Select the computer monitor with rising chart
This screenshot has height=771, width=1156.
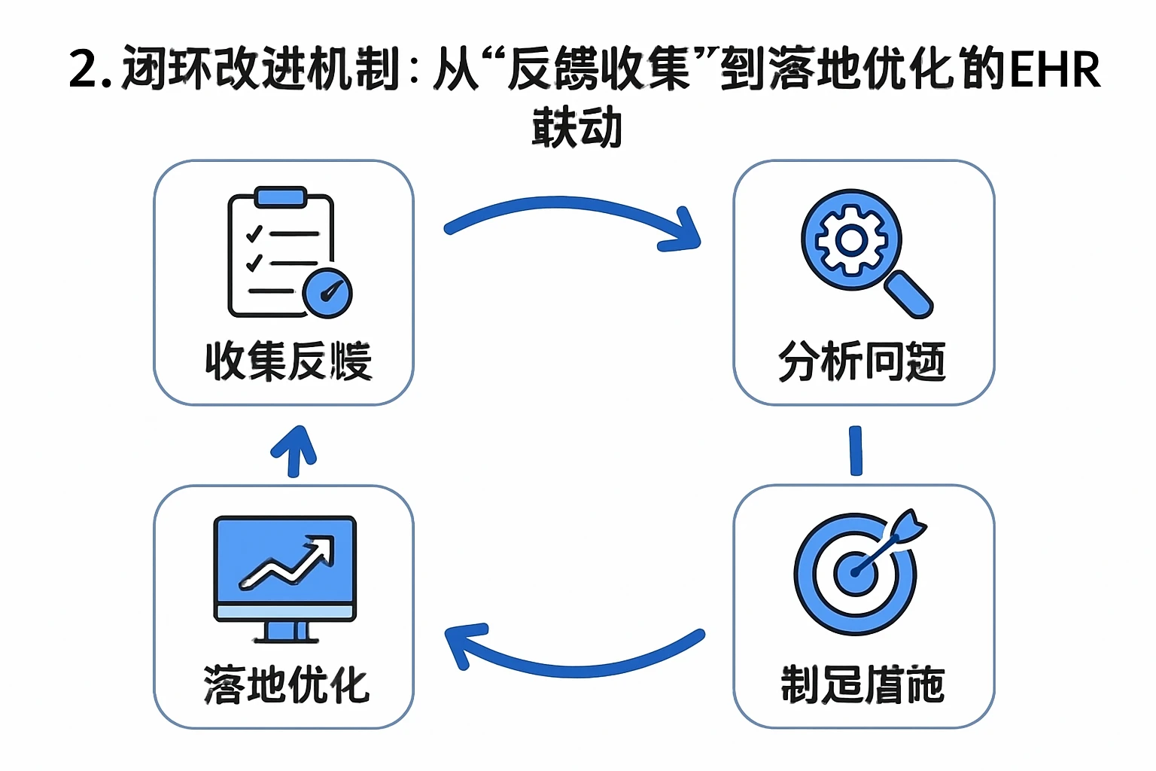pyautogui.click(x=284, y=576)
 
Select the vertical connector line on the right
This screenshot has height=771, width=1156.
pyautogui.click(x=856, y=450)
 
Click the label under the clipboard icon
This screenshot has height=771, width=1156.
pyautogui.click(x=288, y=361)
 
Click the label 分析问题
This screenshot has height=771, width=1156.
pyautogui.click(x=862, y=361)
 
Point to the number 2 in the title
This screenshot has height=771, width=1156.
pyautogui.click(x=85, y=69)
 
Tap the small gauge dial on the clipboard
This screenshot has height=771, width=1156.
pyautogui.click(x=327, y=292)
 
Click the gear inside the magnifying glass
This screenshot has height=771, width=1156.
pyautogui.click(x=851, y=240)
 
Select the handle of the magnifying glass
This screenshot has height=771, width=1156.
pyautogui.click(x=908, y=295)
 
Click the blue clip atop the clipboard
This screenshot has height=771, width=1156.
pyautogui.click(x=280, y=197)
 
